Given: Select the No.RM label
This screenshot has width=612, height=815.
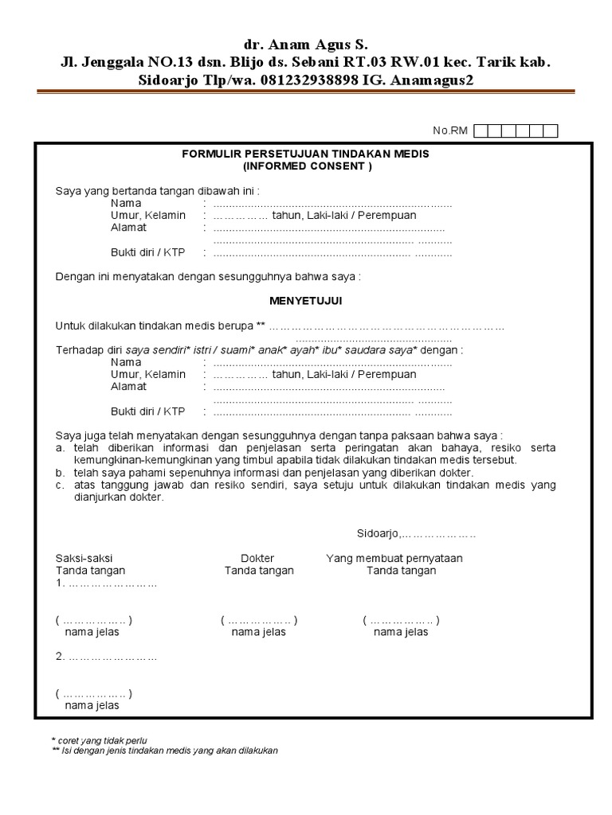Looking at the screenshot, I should pyautogui.click(x=449, y=131).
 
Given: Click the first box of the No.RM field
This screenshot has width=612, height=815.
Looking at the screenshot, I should pyautogui.click(x=481, y=131).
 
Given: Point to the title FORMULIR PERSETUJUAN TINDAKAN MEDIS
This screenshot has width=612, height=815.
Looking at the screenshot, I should pyautogui.click(x=306, y=154).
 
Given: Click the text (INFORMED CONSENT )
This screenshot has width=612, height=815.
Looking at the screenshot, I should pyautogui.click(x=306, y=166).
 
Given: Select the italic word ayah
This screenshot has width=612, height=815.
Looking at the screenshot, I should pyautogui.click(x=303, y=350).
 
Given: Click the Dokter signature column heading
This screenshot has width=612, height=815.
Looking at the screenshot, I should pyautogui.click(x=257, y=558).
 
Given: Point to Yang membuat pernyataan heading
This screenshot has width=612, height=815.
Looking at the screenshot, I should pyautogui.click(x=394, y=558).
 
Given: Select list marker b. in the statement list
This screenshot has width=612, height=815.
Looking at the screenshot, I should pyautogui.click(x=60, y=473).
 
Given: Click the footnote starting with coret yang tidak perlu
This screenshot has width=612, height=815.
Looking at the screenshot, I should pyautogui.click(x=102, y=740).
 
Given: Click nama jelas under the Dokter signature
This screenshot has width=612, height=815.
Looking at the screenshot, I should pyautogui.click(x=258, y=632).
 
